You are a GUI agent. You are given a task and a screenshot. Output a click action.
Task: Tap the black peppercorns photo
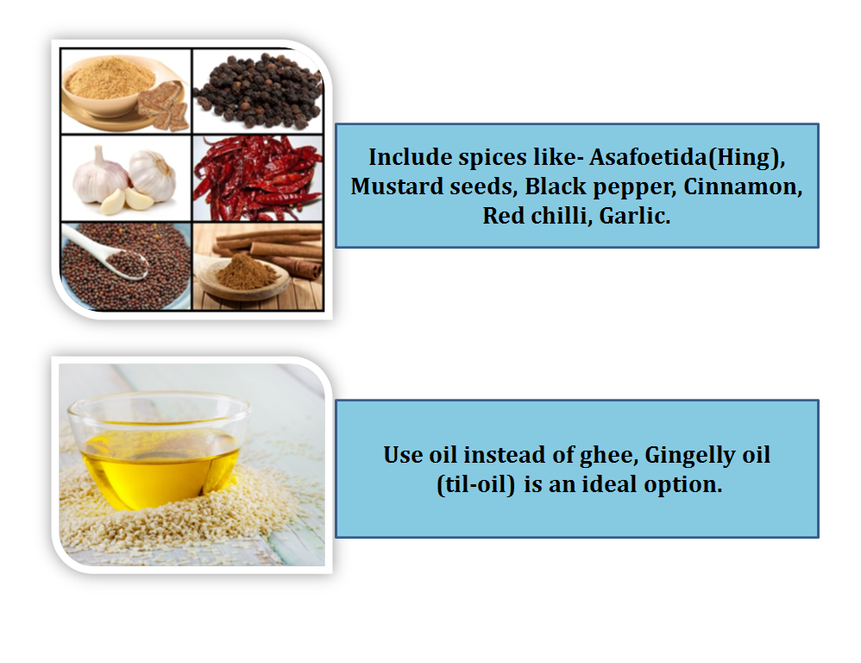(x=257, y=90)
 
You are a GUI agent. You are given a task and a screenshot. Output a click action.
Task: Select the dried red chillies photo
(x=257, y=179)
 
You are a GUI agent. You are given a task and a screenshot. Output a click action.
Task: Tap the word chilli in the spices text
(x=551, y=216)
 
